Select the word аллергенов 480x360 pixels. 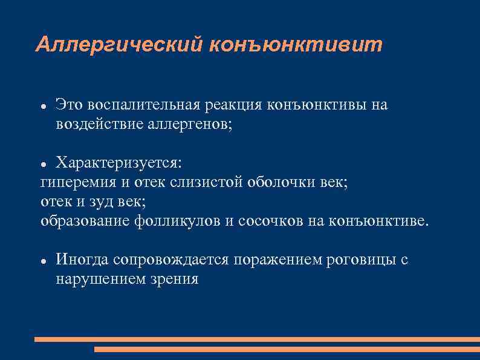click(190, 125)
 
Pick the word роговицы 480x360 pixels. click(360, 260)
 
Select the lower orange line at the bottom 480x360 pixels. click(287, 350)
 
